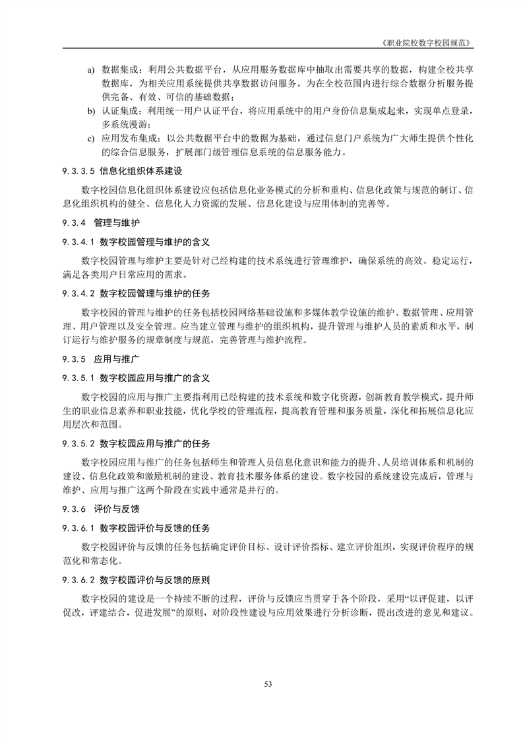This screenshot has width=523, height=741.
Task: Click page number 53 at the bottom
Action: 268,684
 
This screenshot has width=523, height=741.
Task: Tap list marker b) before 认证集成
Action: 91,112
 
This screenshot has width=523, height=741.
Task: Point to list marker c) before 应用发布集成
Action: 91,139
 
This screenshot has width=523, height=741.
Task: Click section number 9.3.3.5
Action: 78,171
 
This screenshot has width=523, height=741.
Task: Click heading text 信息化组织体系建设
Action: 140,171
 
